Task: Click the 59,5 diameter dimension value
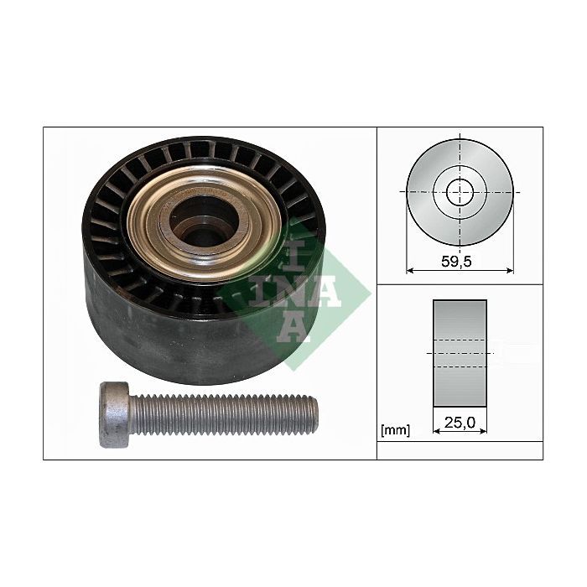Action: tap(456, 262)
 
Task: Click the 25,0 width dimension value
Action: tap(460, 423)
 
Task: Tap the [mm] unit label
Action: tap(395, 430)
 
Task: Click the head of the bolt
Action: tap(115, 414)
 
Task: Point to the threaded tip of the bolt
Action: tap(314, 416)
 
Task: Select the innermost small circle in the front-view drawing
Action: tap(460, 192)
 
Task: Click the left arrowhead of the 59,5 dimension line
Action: tap(409, 271)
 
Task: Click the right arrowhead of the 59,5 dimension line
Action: tap(510, 271)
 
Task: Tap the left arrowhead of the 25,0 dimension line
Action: tap(436, 431)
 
